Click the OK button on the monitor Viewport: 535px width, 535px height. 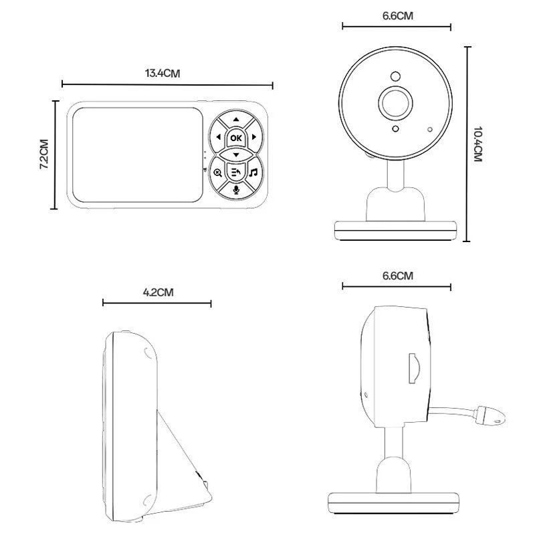pyautogui.click(x=236, y=138)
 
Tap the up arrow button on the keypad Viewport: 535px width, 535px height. pyautogui.click(x=236, y=120)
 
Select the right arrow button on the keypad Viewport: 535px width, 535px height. pyautogui.click(x=254, y=137)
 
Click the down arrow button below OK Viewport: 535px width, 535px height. pyautogui.click(x=236, y=154)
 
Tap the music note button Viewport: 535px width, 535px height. pyautogui.click(x=253, y=173)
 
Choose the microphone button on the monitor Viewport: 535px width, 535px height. pyautogui.click(x=236, y=190)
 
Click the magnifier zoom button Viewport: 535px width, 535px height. pyautogui.click(x=218, y=173)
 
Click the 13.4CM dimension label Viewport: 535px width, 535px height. pyautogui.click(x=163, y=74)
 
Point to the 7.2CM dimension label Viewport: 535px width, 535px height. pyautogui.click(x=44, y=154)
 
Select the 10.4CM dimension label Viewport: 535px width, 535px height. pyautogui.click(x=478, y=144)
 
